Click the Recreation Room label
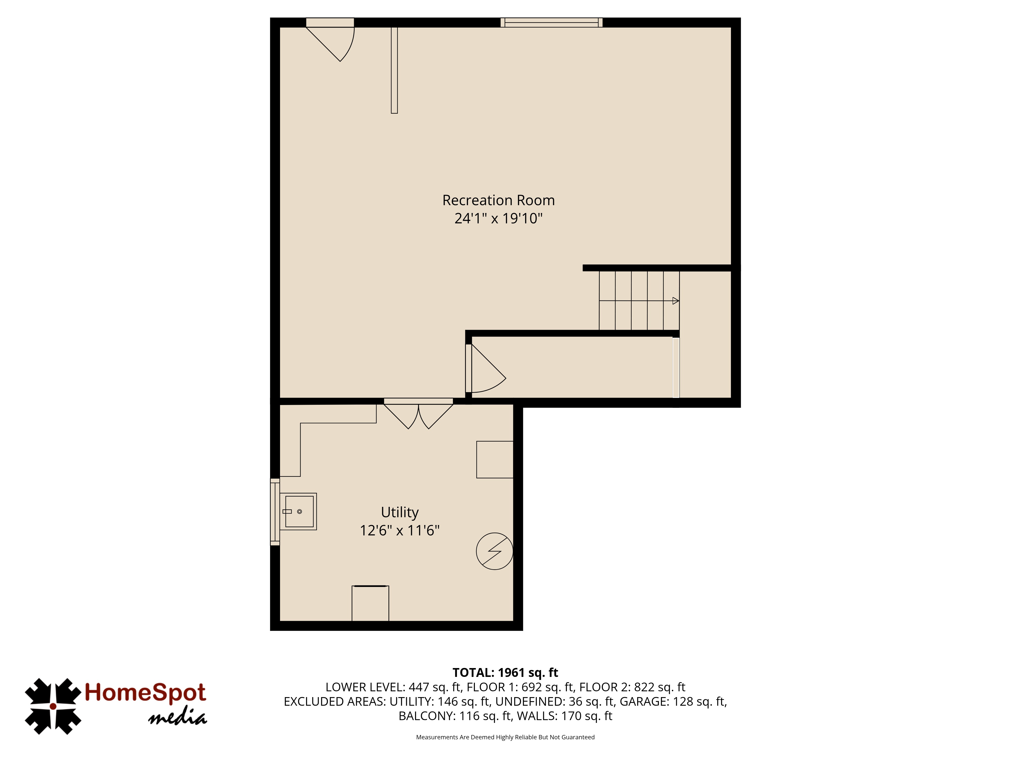498,200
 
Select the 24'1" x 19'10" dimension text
498,218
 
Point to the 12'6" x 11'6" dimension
399,530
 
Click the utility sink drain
299,511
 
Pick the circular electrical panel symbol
495,551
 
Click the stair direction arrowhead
676,301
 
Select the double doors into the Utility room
418,414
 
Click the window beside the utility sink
275,512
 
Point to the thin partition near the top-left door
394,70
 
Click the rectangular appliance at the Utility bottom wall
370,603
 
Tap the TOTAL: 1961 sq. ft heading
505,673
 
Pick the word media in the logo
177,718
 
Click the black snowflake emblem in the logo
53,706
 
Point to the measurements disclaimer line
505,737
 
